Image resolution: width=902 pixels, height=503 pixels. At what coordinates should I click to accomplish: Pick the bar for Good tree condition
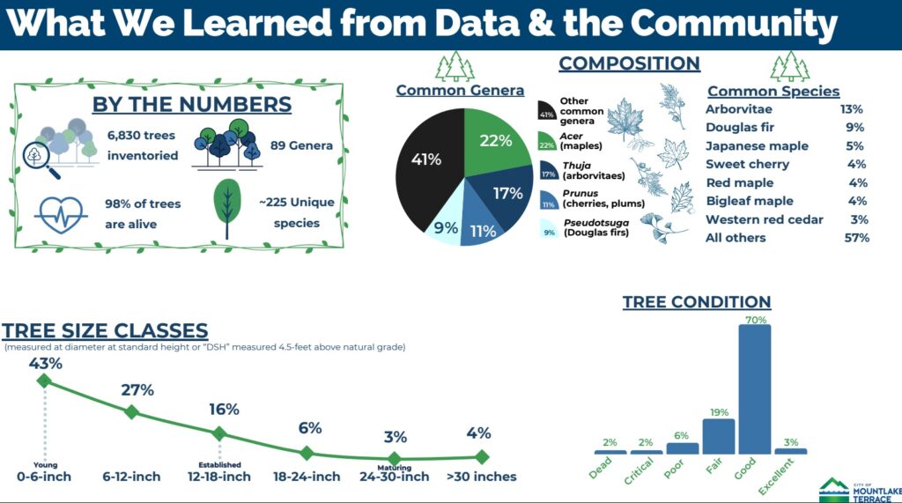tap(754, 389)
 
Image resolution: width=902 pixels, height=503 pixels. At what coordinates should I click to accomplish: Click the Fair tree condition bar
tap(719, 436)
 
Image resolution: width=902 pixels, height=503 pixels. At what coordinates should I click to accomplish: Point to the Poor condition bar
tap(683, 448)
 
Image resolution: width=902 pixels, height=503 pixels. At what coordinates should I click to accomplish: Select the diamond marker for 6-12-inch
tap(132, 411)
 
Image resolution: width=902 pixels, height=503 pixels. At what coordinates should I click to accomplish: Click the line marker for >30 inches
tap(482, 457)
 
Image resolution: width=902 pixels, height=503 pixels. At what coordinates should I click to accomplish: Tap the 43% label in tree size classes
tap(46, 363)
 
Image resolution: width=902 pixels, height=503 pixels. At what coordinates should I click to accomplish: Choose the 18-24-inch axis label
tap(307, 477)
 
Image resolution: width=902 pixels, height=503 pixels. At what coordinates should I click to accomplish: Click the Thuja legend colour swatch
tap(548, 171)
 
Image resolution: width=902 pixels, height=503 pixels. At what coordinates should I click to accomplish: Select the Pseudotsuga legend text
tap(596, 227)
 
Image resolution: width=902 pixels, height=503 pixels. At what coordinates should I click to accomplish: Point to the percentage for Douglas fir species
tap(854, 127)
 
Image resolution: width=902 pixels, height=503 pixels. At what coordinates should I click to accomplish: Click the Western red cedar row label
tap(764, 219)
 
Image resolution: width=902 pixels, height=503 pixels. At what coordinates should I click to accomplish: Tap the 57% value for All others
tap(856, 238)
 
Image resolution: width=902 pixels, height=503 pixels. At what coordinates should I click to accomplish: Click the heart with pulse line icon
tap(61, 214)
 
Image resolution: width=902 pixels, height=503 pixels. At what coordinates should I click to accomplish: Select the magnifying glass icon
tap(39, 159)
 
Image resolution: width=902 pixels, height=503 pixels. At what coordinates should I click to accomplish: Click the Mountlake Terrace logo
tap(860, 491)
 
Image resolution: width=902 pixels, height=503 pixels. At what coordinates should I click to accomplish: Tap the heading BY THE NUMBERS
tap(191, 104)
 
